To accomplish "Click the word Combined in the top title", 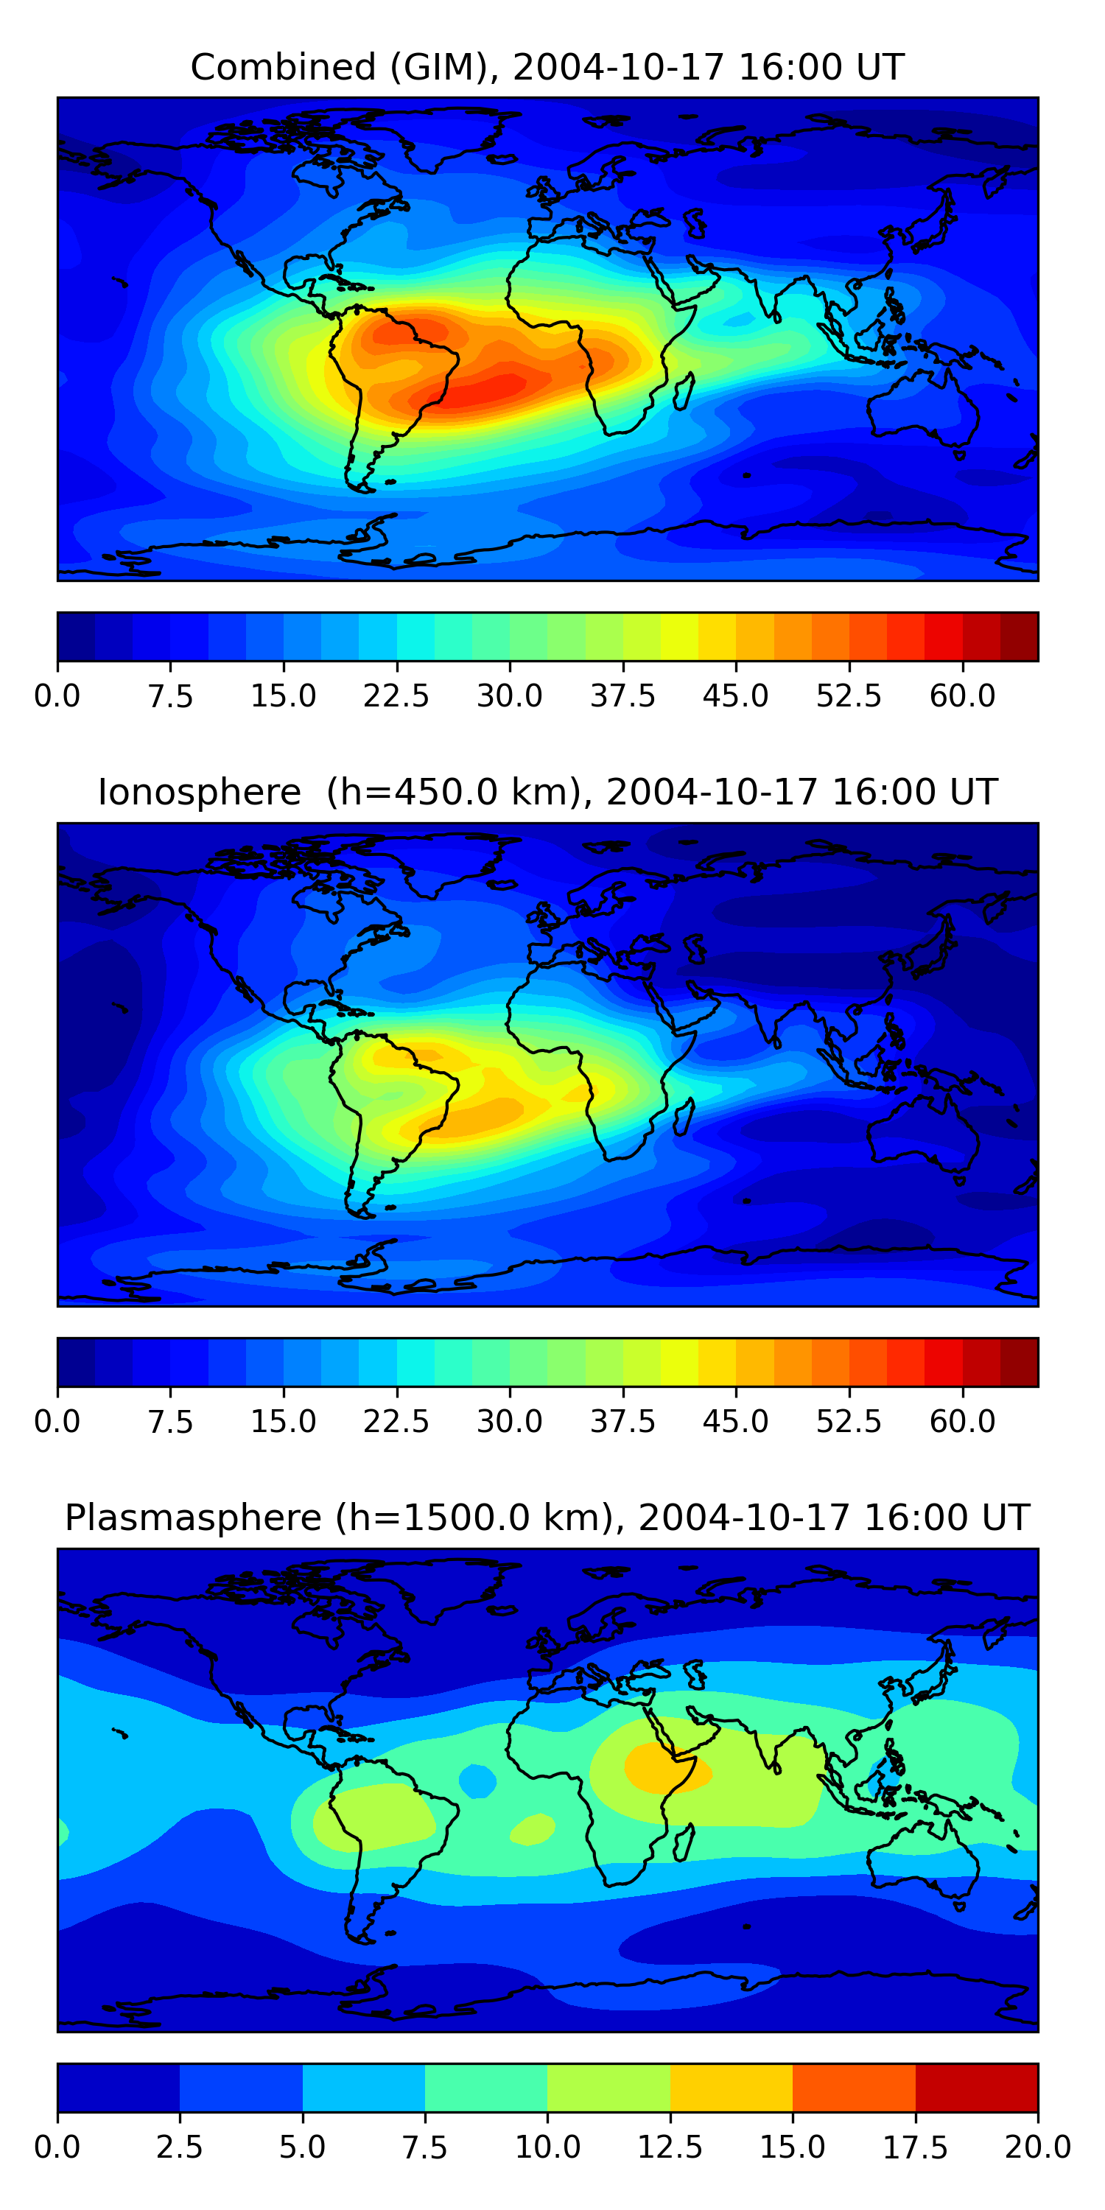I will click(283, 67).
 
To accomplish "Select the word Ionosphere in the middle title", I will click(199, 792).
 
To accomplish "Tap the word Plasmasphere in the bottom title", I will click(193, 1518).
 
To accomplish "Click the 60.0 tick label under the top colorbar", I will click(962, 695).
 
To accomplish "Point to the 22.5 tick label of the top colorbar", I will click(396, 695).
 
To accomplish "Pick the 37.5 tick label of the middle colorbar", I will click(622, 1422).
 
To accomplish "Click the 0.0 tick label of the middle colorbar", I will click(57, 1422).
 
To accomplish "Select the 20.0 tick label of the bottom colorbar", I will click(1037, 2147).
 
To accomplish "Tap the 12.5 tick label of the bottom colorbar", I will click(670, 2147).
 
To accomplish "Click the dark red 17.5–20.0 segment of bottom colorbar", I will click(976, 2087).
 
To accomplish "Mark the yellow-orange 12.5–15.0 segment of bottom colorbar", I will click(731, 2087).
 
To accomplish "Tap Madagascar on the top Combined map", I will click(684, 391).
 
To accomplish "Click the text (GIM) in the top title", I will click(445, 67).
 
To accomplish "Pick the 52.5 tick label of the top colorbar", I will click(849, 695).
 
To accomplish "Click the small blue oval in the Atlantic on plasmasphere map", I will click(477, 1781).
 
